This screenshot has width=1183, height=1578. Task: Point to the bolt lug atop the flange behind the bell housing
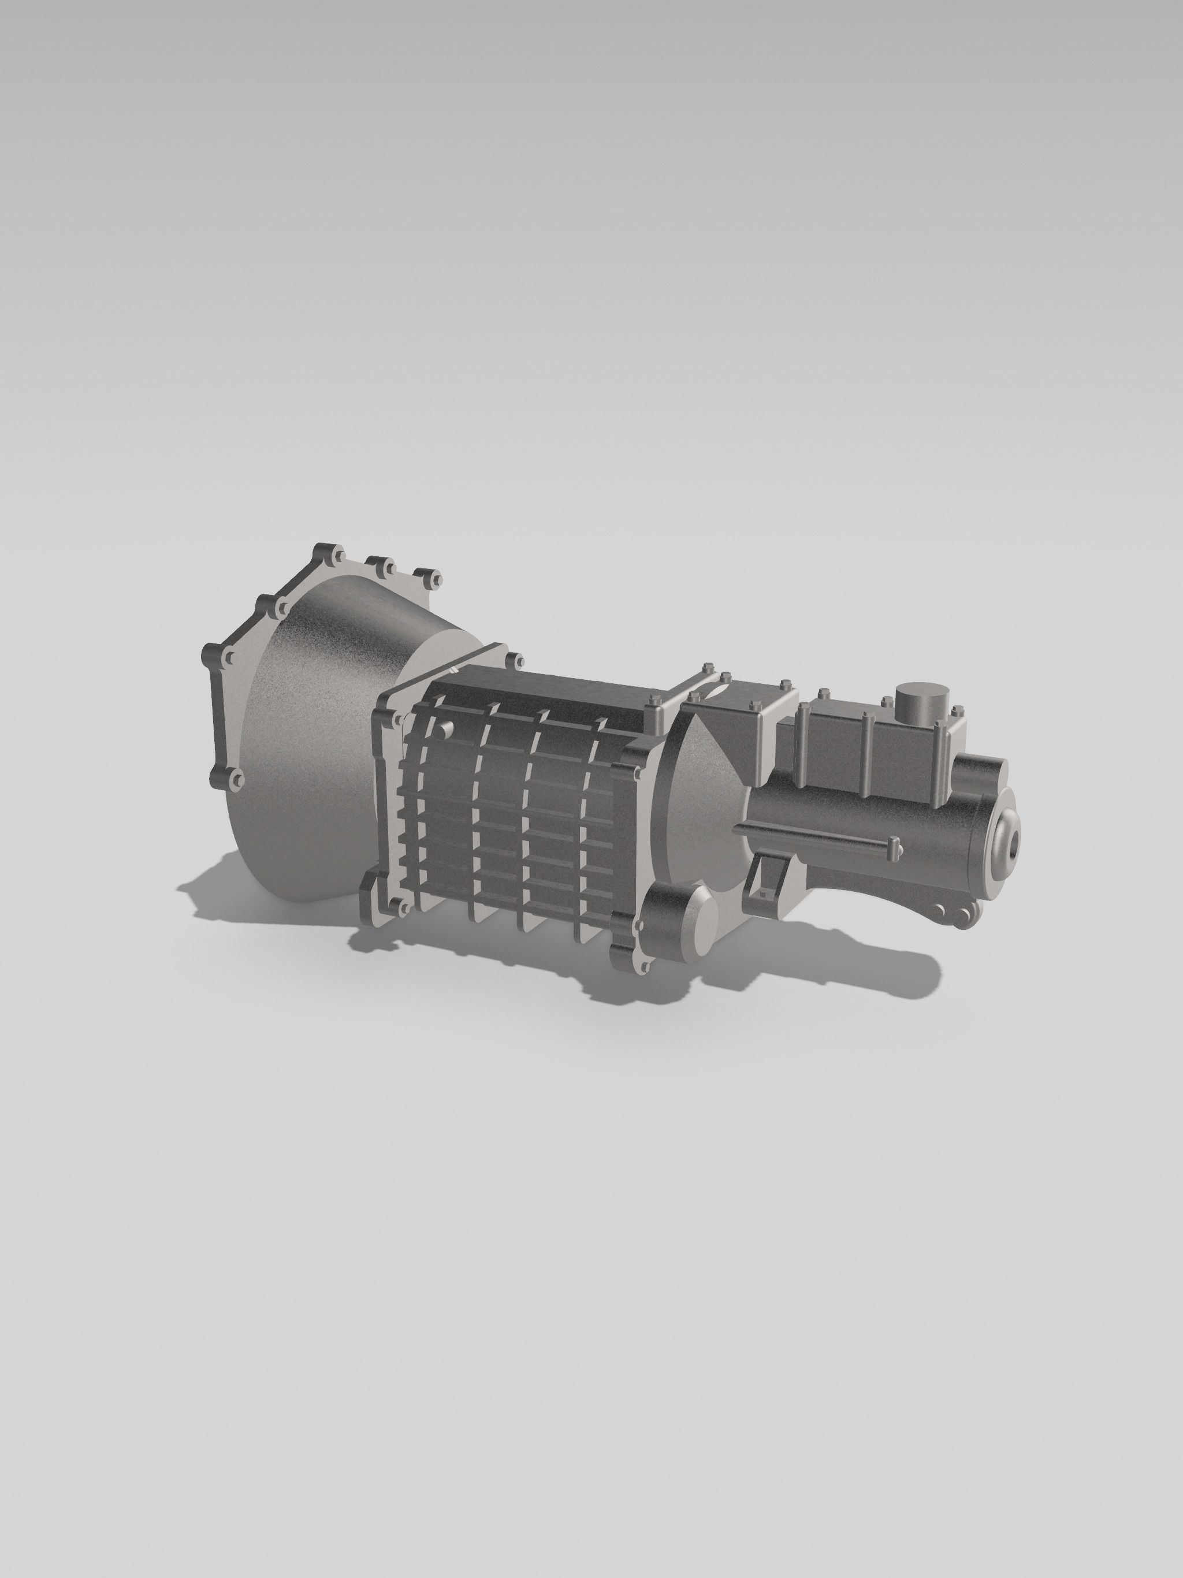pyautogui.click(x=512, y=661)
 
